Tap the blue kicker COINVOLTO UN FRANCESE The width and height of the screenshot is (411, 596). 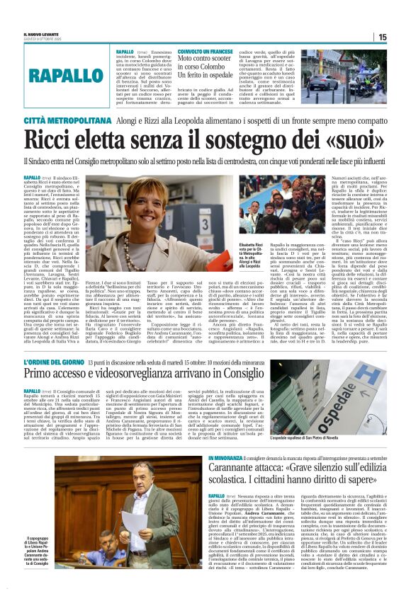[x=189, y=51]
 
